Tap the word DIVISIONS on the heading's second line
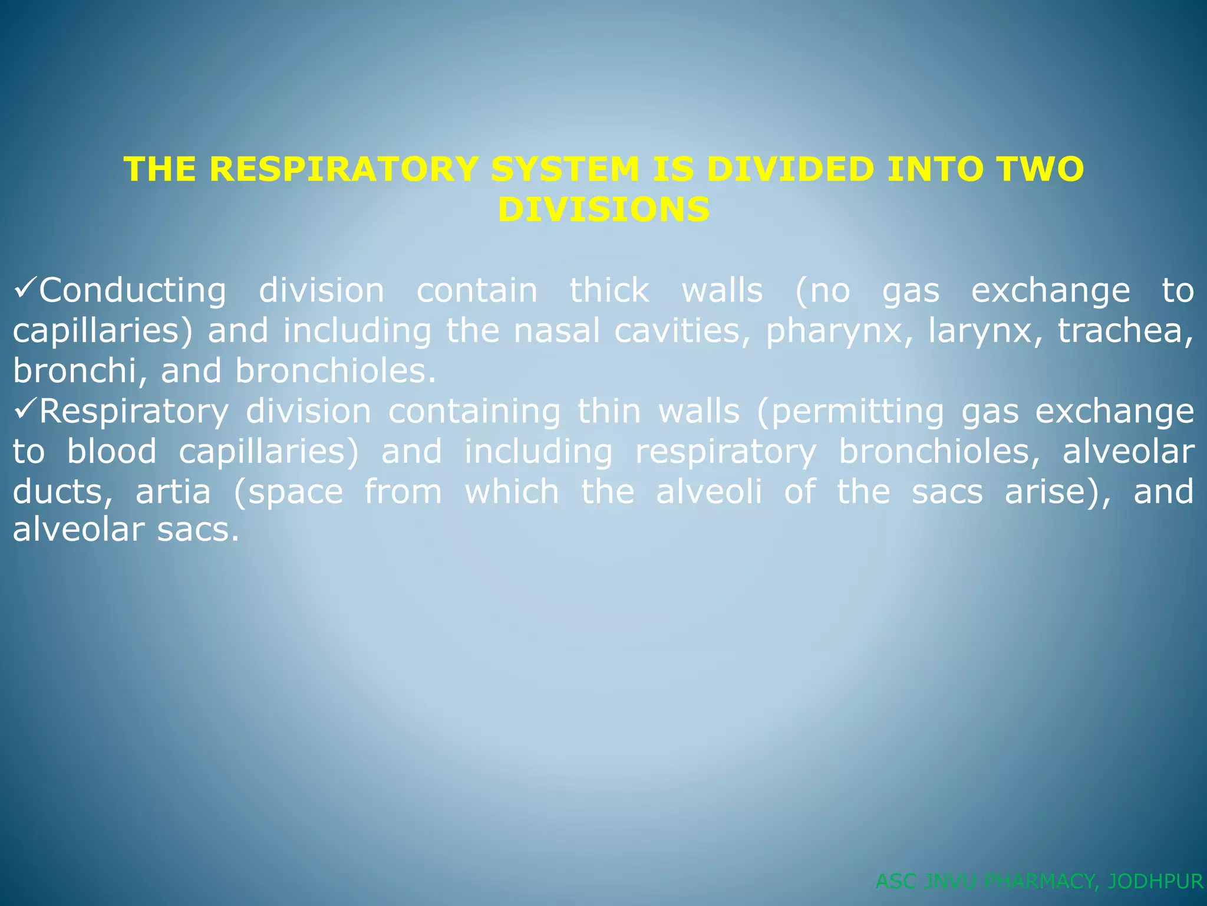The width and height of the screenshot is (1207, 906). point(603,209)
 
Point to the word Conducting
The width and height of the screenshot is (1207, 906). point(133,291)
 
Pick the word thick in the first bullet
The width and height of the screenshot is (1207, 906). point(609,291)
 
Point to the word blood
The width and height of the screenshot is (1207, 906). point(112,451)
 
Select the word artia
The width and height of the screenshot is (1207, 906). point(173,491)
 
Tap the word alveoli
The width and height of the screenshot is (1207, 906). point(709,491)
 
